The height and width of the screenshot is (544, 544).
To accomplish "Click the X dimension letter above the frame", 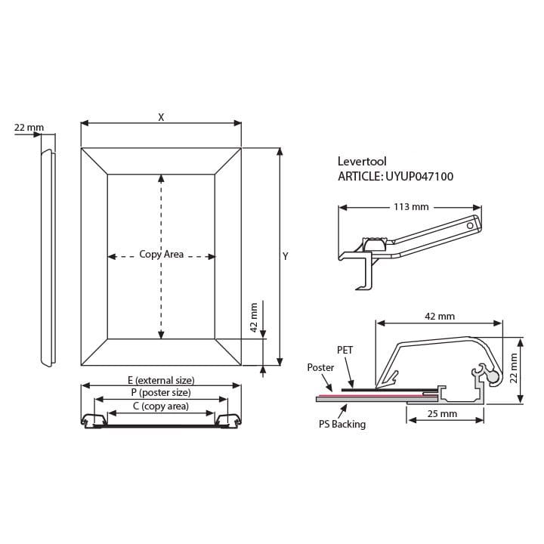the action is pos(161,117).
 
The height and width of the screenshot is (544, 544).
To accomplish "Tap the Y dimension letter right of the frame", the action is pos(285,256).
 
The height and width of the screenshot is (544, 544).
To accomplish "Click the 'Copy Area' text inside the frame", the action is pos(162,254).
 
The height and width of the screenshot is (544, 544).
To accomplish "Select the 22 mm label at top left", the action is pos(29,128).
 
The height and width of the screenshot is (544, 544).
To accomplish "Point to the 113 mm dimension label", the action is pos(411,207).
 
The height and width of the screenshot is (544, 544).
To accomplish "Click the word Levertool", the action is pos(362,161).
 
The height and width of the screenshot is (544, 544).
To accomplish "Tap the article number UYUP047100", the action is pos(419,176).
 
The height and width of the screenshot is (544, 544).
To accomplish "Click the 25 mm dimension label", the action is pos(442,413).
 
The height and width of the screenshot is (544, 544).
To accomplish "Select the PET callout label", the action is pos(345,350).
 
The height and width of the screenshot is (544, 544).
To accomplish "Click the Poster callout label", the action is pos(320,367).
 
